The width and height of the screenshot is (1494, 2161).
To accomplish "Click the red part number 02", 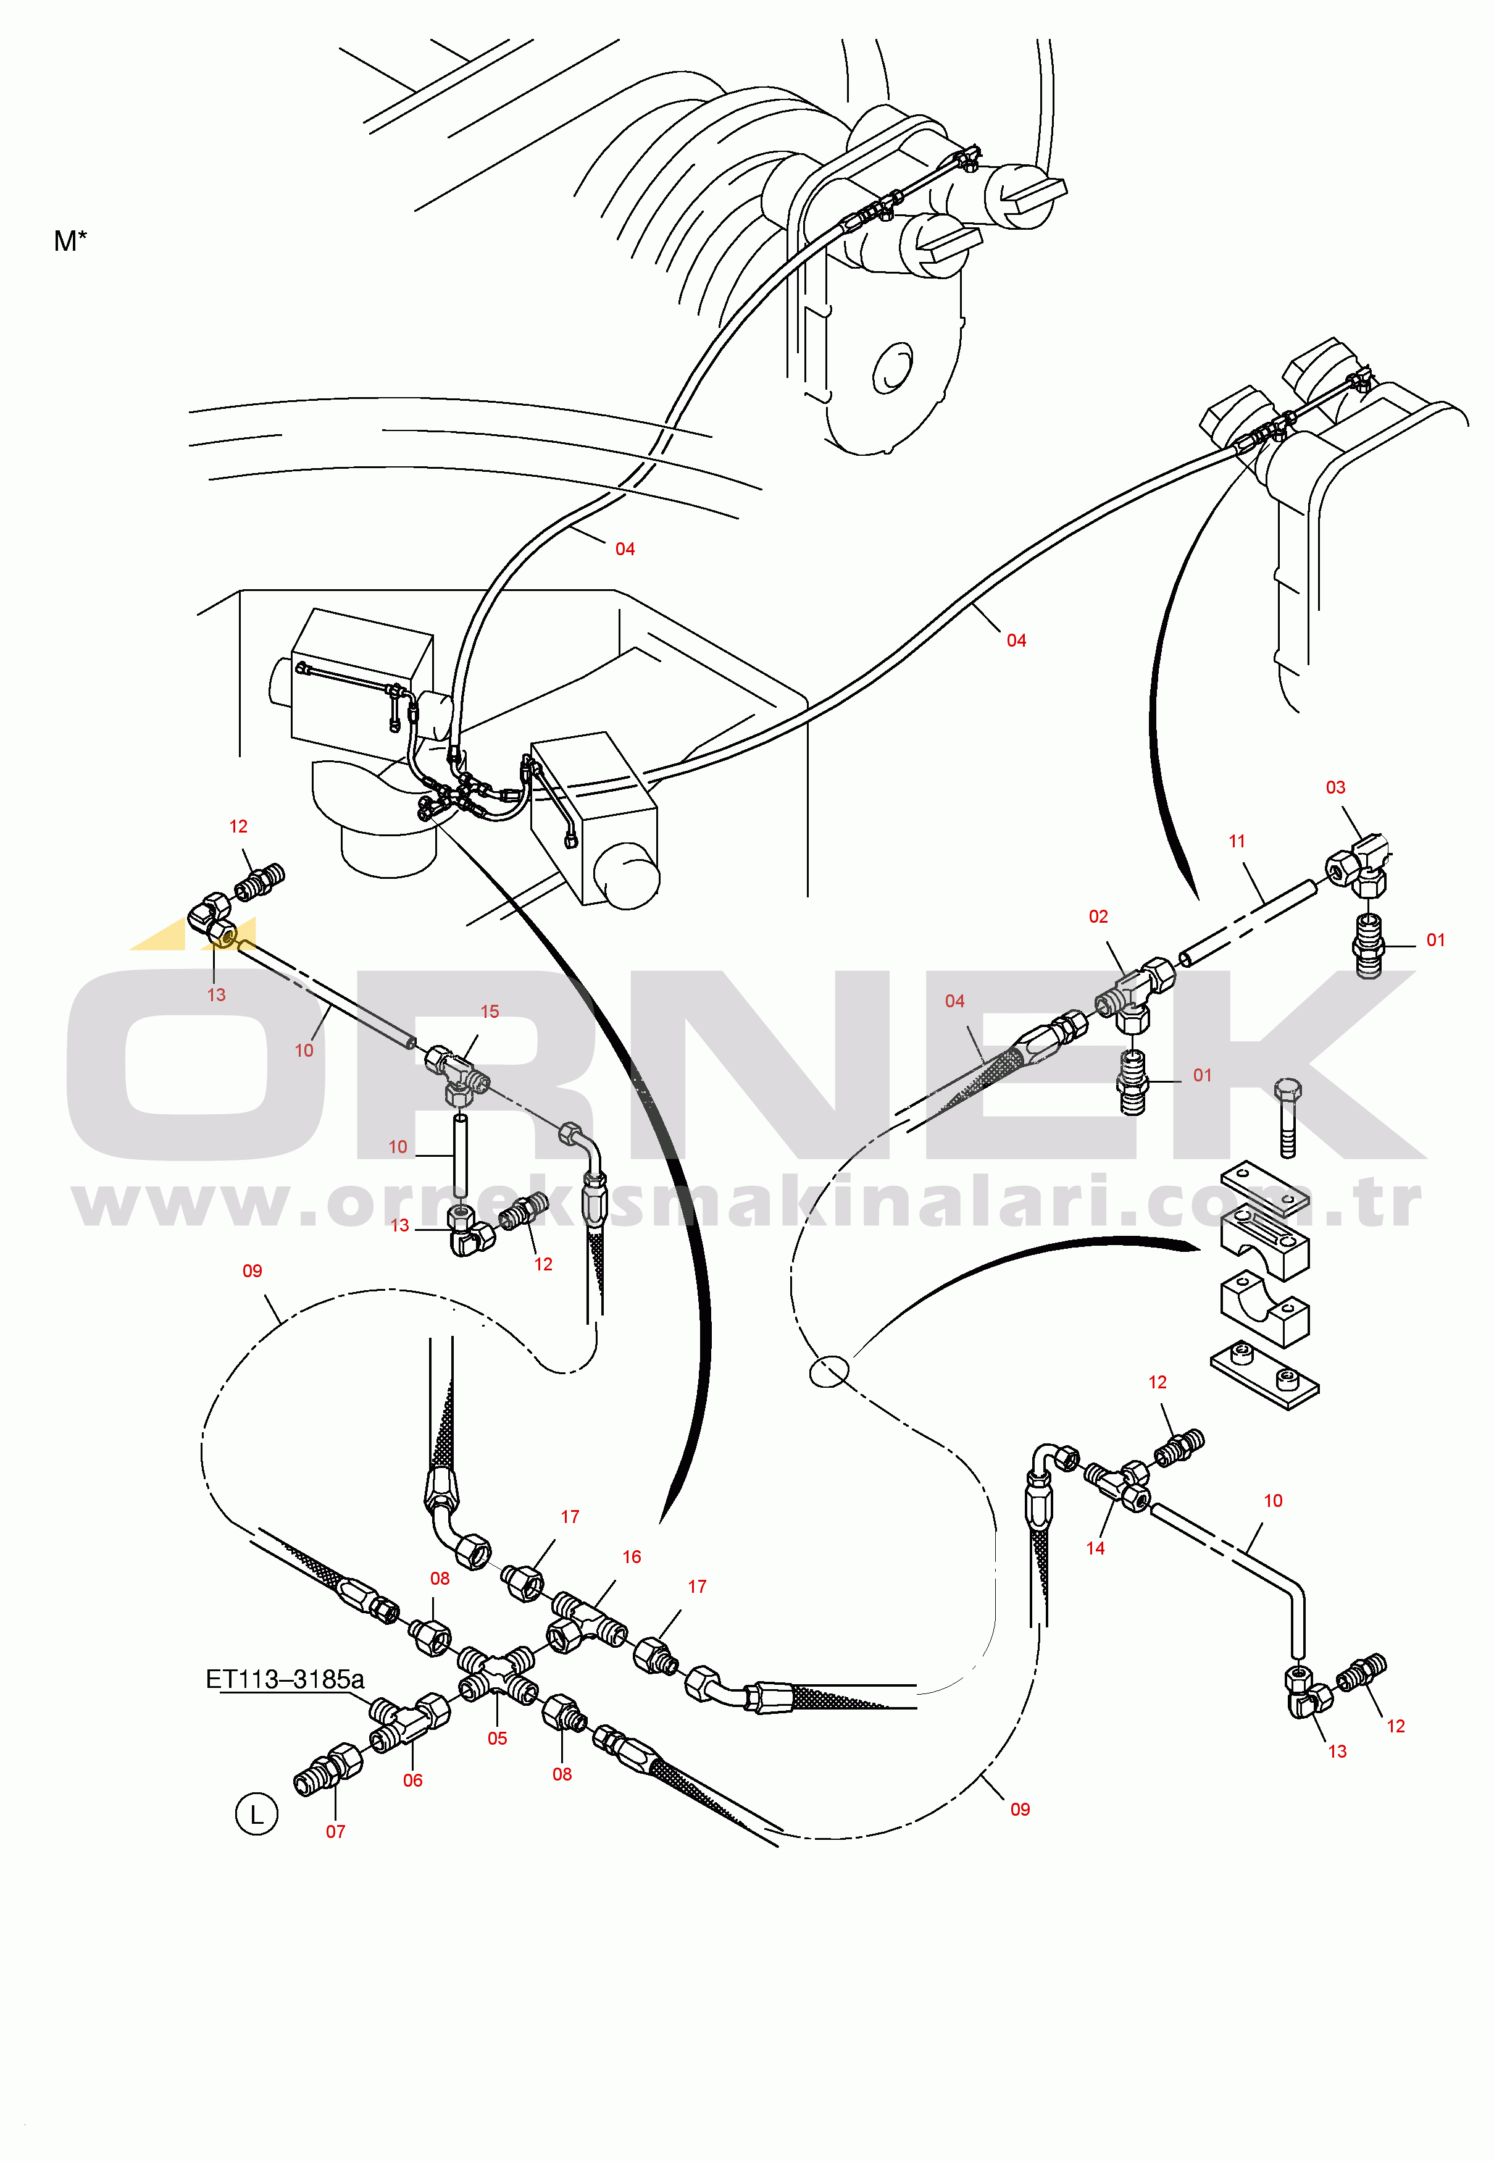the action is tap(1098, 917).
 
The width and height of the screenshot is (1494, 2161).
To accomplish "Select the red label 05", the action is tap(497, 1738).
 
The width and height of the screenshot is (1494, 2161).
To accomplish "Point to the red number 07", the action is tap(335, 1831).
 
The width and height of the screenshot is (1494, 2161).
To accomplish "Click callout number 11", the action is tap(1237, 841).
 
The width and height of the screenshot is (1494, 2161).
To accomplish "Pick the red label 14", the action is tap(1095, 1548).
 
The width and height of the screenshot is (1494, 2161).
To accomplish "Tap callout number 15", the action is tap(490, 1011).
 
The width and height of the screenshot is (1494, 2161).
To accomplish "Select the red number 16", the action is tap(632, 1556).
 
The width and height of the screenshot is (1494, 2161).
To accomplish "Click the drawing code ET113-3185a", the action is tap(285, 1679).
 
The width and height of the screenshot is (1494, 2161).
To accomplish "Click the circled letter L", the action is tap(256, 1815).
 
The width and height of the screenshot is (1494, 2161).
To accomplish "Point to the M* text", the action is tap(70, 241).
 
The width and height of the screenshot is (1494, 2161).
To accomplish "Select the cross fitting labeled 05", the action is tap(498, 1677).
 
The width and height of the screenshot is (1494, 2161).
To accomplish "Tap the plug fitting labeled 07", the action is tap(328, 1769).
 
